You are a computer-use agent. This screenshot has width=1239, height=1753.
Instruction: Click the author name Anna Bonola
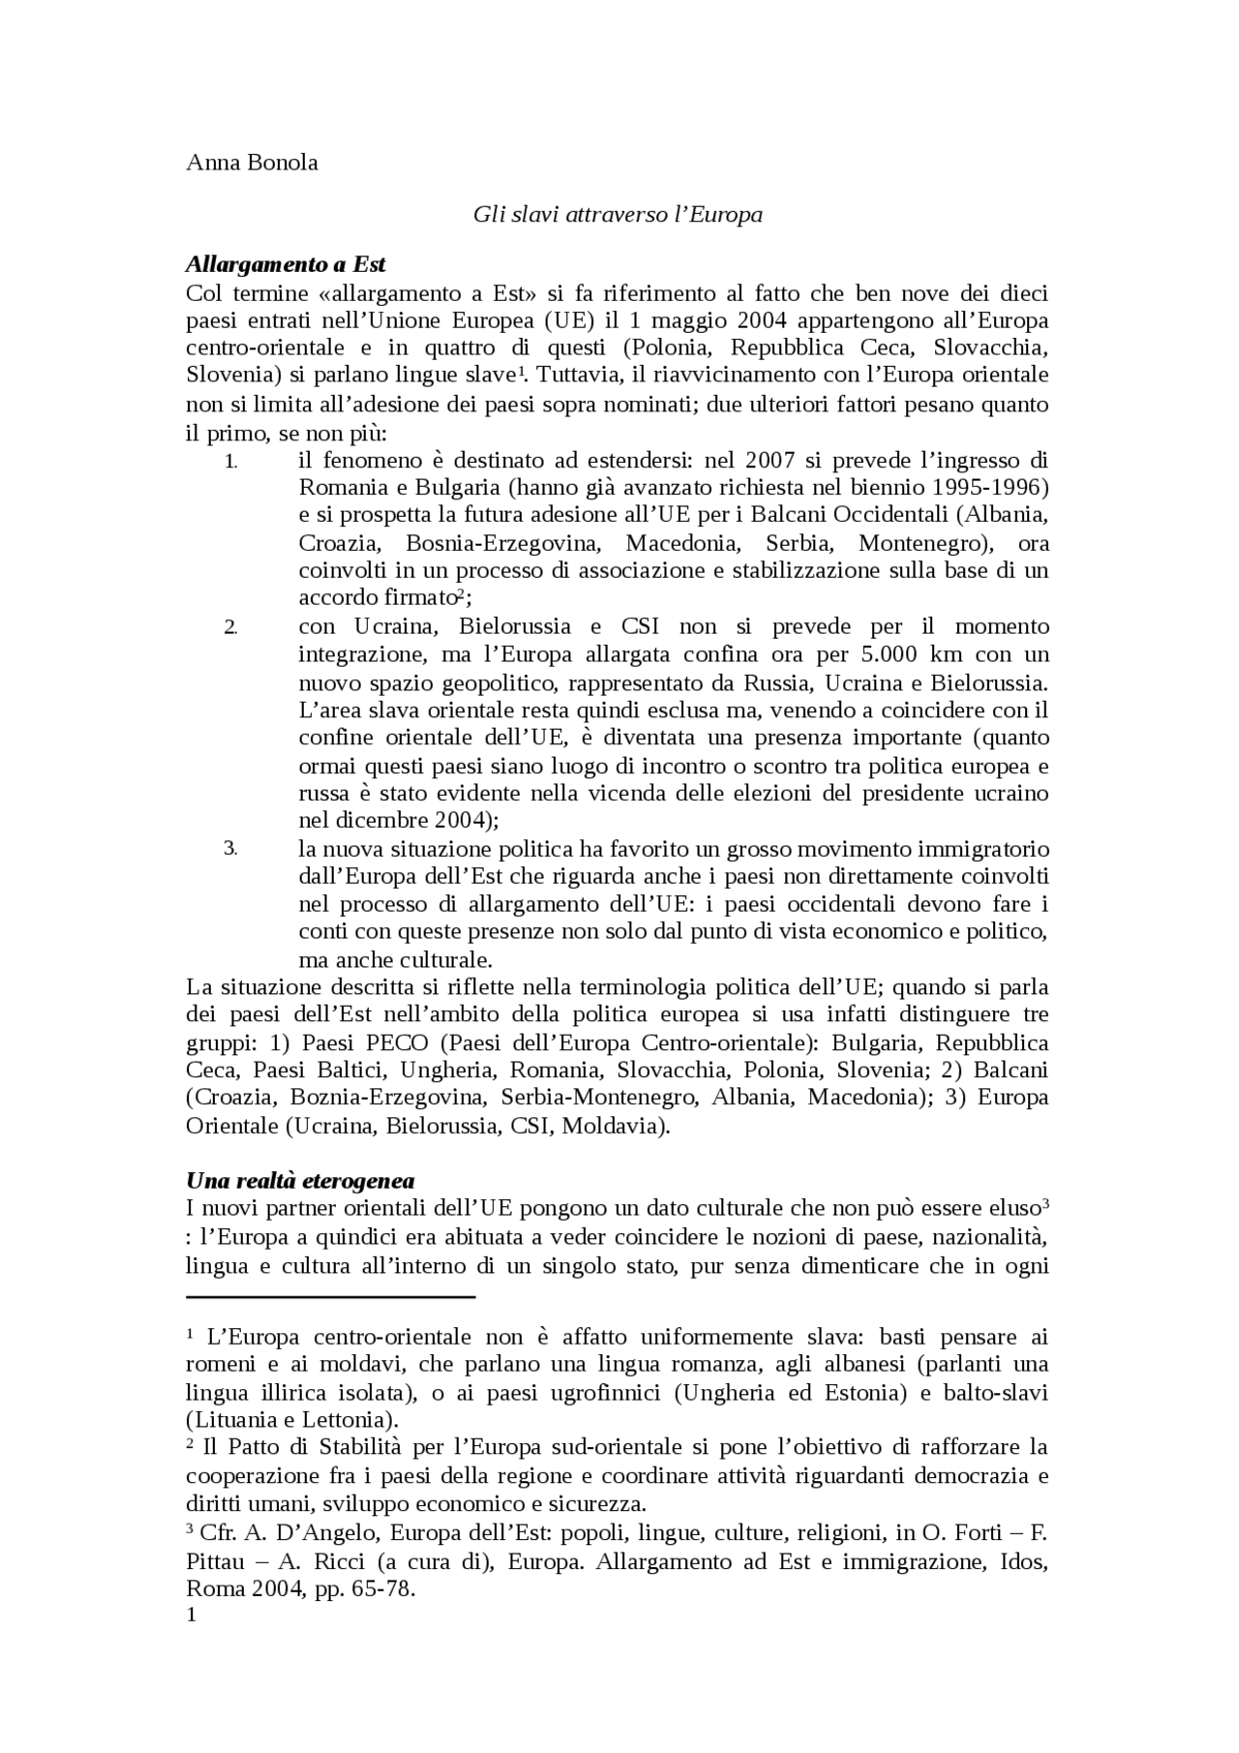pyautogui.click(x=252, y=163)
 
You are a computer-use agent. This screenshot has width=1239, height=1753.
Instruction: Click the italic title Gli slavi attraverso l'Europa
pyautogui.click(x=618, y=214)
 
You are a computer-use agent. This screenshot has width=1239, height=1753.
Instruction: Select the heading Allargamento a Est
pyautogui.click(x=286, y=264)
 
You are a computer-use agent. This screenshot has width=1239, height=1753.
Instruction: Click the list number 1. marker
pyautogui.click(x=230, y=462)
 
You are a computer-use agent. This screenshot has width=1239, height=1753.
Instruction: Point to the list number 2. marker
pyautogui.click(x=230, y=627)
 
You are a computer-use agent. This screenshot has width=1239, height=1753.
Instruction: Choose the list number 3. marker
pyautogui.click(x=230, y=849)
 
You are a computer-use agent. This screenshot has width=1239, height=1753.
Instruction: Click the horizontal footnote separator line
pyautogui.click(x=330, y=1297)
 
